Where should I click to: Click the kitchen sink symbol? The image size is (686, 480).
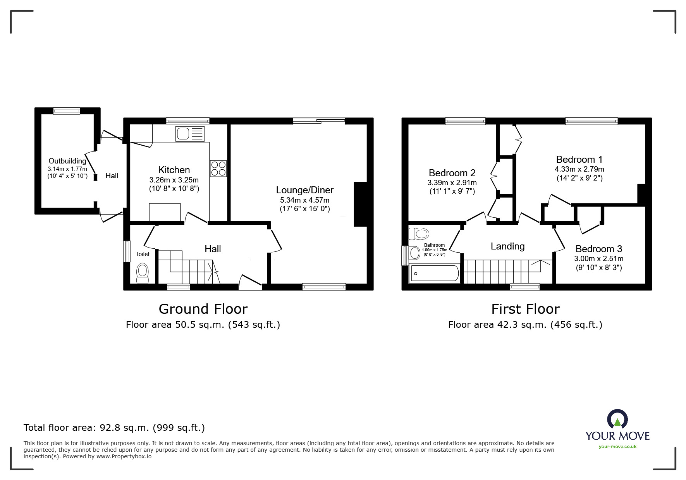pos(190,134)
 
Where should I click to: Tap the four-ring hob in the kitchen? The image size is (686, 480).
pos(218,169)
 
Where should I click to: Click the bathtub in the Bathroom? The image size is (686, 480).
pos(434,274)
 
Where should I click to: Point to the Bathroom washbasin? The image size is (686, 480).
pos(414,253)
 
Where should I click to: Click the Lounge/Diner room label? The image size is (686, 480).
pos(304,190)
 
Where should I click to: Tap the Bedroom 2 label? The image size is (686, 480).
pos(452,173)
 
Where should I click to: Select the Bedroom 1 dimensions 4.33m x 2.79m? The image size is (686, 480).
pos(579,169)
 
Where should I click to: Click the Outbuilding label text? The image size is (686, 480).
pos(67,161)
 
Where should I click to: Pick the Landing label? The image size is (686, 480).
pos(507,246)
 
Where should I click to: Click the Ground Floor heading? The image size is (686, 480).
pos(203,309)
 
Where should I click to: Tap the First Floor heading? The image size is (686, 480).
pos(525,309)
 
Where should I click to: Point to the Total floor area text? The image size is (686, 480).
pos(114,428)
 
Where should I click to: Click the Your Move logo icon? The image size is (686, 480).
pos(617,420)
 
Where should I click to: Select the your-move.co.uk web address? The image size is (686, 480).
pos(617,447)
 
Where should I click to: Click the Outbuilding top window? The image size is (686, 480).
pos(67,111)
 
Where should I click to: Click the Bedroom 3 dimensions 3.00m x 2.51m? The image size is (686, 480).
pos(598,259)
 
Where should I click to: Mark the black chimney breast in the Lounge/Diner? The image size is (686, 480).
pos(360,204)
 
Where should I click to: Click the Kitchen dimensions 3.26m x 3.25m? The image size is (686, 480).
pos(174,180)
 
